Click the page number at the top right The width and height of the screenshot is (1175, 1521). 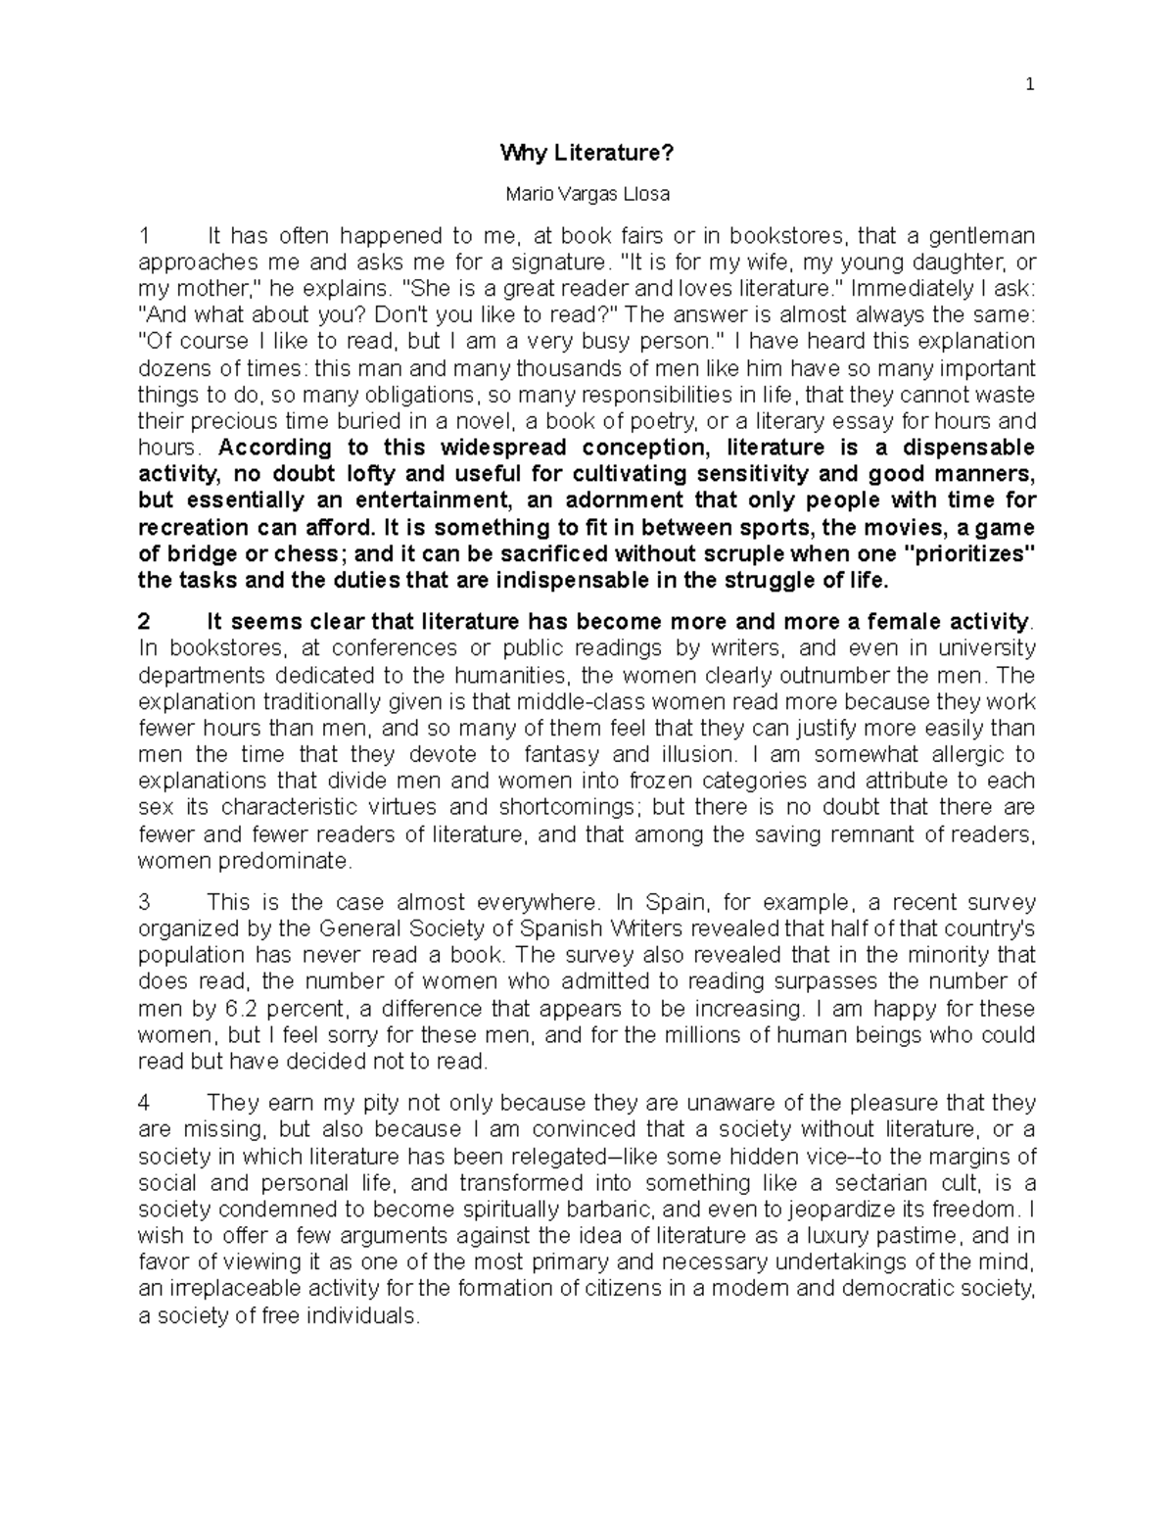pyautogui.click(x=1029, y=84)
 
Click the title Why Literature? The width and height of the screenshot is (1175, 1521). pyautogui.click(x=587, y=153)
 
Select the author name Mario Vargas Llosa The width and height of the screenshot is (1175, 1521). pyautogui.click(x=587, y=194)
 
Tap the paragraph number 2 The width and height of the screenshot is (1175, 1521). pyautogui.click(x=145, y=622)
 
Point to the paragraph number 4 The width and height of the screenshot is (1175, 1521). pyautogui.click(x=145, y=1103)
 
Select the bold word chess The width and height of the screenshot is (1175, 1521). pyautogui.click(x=316, y=554)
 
